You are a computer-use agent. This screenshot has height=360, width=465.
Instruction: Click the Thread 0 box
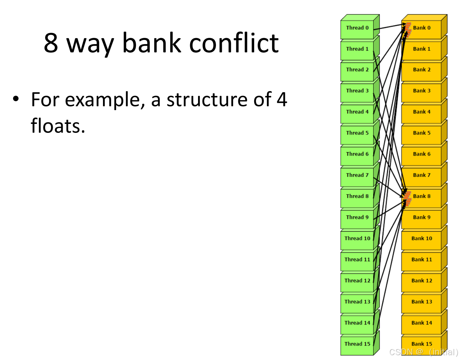357,28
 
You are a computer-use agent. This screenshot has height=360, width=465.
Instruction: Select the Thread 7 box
357,175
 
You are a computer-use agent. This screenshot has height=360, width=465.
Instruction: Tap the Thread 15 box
357,344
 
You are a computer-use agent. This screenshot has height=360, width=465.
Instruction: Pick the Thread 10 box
357,239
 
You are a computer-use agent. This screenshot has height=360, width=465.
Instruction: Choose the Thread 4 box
357,112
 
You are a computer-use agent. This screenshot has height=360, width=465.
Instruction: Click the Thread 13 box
357,302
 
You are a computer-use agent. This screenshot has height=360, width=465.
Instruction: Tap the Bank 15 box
422,344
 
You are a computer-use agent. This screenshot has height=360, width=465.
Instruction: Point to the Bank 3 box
422,91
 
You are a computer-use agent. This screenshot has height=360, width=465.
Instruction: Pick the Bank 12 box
422,281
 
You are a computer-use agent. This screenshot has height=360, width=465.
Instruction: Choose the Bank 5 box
422,133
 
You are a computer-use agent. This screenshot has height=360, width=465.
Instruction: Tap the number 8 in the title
51,43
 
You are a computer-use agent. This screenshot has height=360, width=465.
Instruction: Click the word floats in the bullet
58,126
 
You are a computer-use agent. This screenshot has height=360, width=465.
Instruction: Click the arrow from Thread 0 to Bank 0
389,27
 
